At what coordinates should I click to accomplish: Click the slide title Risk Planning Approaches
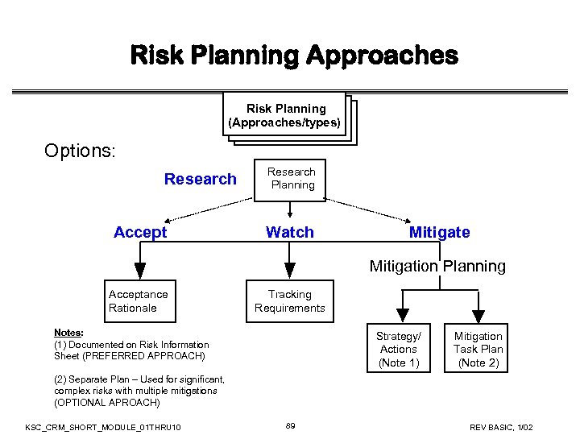[294, 56]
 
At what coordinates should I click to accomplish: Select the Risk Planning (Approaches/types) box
[286, 116]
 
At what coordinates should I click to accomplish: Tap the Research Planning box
[291, 179]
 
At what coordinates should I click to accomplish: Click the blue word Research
[201, 179]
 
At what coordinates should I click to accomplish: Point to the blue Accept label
[140, 233]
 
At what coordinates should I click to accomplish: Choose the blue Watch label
[290, 233]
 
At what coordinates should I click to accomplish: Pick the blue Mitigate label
[439, 233]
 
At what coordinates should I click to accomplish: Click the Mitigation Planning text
[437, 266]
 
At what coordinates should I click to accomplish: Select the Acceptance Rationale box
[141, 301]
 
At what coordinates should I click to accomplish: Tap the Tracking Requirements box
[290, 301]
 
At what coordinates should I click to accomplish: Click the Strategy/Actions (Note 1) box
[399, 350]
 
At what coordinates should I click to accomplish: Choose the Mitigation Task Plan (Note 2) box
[478, 350]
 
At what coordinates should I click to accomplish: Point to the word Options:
[81, 151]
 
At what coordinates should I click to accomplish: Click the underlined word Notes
[68, 333]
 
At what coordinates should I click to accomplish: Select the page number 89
[290, 425]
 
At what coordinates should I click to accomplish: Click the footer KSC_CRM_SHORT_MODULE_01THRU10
[103, 425]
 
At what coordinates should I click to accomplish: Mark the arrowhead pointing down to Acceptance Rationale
[140, 271]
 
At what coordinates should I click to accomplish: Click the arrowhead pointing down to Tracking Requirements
[290, 271]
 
